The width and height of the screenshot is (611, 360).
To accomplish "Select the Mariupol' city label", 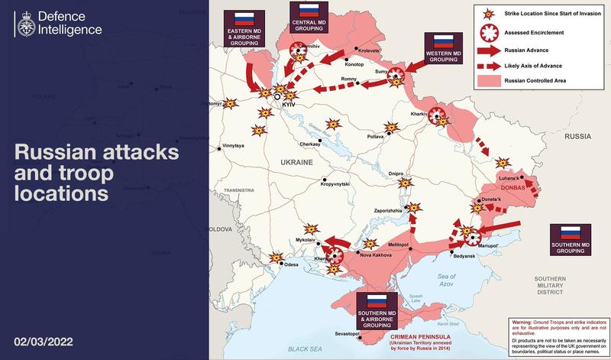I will coord(487,246).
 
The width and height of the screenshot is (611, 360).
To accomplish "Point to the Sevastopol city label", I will coord(348,334).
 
